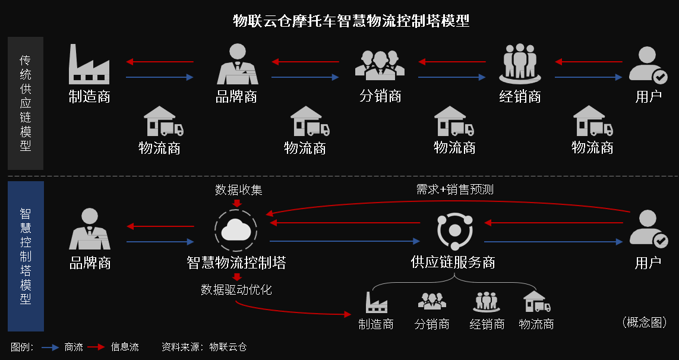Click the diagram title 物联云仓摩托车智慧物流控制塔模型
coord(351,21)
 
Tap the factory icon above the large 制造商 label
coord(89,65)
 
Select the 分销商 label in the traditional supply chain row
coord(380,96)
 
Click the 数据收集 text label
coord(238,190)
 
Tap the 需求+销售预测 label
coord(454,190)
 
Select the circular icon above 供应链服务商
coord(454,230)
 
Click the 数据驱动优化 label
coord(236,290)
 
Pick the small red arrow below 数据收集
coord(237,204)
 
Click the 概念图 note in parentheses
coord(645,322)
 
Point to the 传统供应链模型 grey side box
coord(26,103)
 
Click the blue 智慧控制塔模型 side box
coord(26,256)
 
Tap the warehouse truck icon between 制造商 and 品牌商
coord(163,122)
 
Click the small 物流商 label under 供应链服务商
coord(536,324)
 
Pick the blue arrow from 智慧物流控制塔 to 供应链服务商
coord(345,241)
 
